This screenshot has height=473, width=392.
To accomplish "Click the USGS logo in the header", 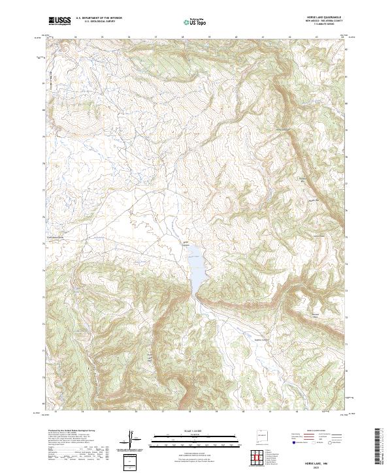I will [x=59, y=21].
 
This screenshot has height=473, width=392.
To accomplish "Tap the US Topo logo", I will [x=197, y=22].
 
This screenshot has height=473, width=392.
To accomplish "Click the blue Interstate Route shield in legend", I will [x=289, y=442].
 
